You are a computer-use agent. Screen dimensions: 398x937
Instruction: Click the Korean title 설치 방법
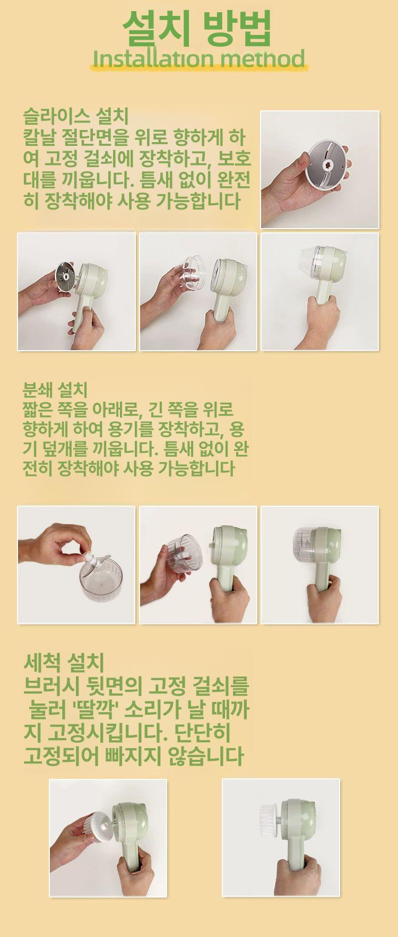pos(197,28)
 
